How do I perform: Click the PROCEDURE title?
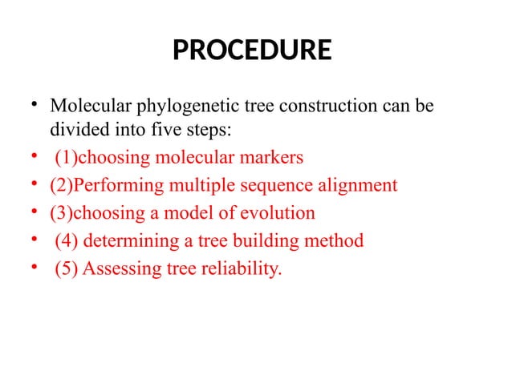[x=252, y=51]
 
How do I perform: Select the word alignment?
[x=353, y=186]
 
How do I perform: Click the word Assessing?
[x=115, y=268]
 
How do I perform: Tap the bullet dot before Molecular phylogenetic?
[x=35, y=105]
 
